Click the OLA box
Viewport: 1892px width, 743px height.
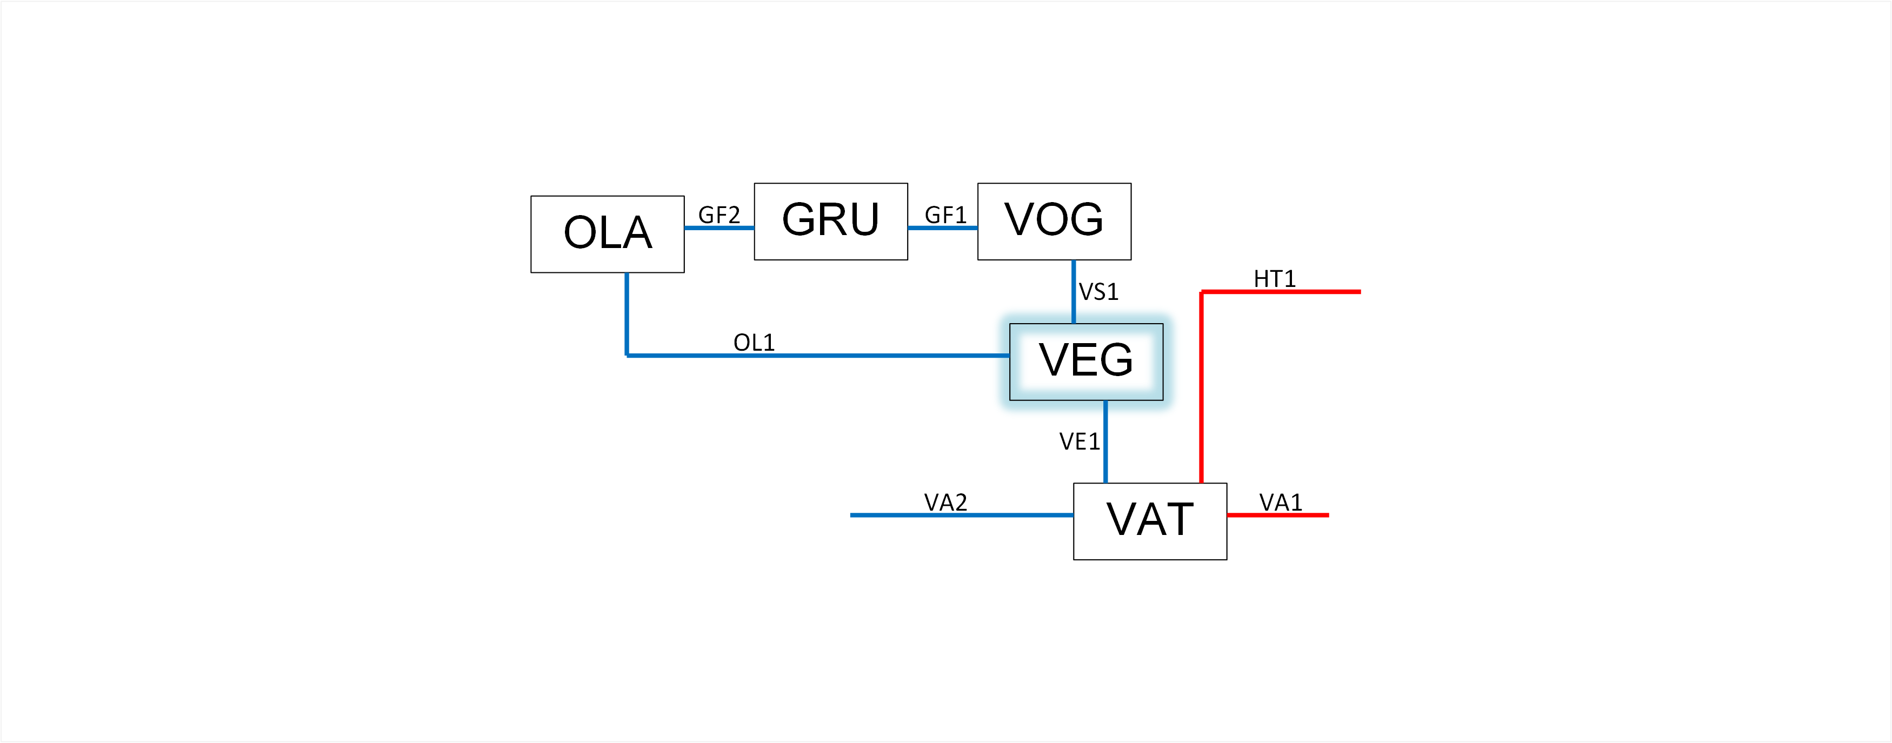pos(608,234)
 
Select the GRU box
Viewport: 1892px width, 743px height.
pos(831,221)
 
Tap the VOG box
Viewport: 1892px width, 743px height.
pos(1054,221)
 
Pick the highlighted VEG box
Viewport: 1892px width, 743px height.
pos(1085,361)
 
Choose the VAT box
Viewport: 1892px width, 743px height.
pos(1149,520)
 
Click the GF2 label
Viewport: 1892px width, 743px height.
pos(718,215)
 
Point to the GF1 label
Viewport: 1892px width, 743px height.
pos(944,215)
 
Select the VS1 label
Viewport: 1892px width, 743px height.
pos(1098,292)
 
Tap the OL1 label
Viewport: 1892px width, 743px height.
pos(754,342)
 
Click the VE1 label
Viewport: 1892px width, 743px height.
pos(1079,441)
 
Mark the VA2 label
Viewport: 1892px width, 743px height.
pos(945,502)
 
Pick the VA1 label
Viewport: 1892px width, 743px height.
pos(1280,502)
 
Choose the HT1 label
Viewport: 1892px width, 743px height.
pos(1274,279)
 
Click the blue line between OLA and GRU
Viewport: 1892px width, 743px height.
pos(719,227)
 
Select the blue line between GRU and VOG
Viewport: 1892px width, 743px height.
pos(942,227)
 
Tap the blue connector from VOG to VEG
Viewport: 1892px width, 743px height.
pos(1073,291)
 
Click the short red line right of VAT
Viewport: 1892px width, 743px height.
pos(1277,514)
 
